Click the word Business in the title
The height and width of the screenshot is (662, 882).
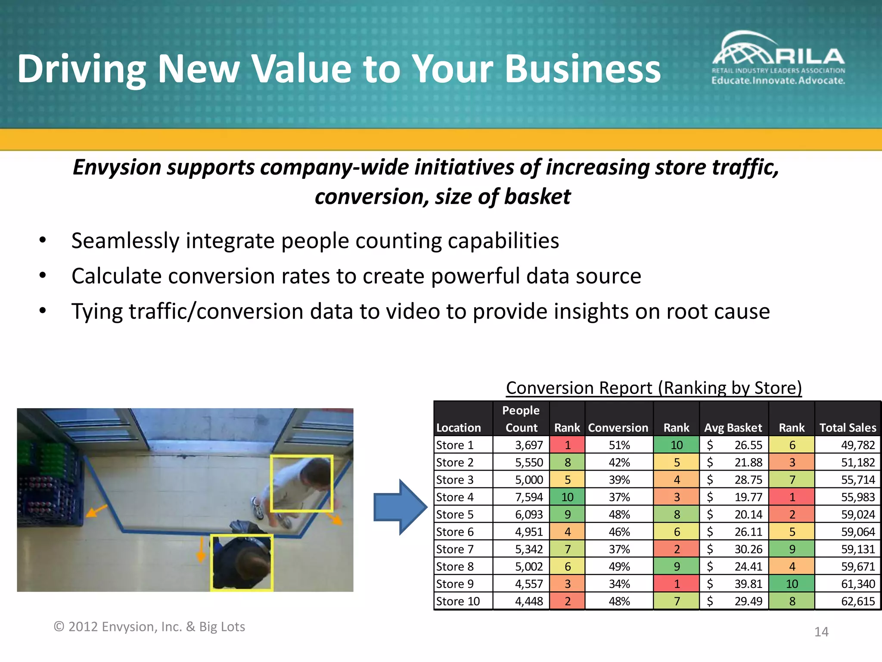(x=582, y=69)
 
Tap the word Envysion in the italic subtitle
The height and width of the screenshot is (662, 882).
(x=117, y=167)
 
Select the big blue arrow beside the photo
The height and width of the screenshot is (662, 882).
(x=400, y=507)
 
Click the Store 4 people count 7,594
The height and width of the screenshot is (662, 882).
(x=529, y=497)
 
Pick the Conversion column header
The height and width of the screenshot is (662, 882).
(x=618, y=428)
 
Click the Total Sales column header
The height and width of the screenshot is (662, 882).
(x=848, y=428)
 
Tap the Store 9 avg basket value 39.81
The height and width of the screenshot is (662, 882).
(x=748, y=584)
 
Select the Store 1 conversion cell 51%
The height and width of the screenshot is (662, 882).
(x=619, y=445)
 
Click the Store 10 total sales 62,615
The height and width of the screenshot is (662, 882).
(x=858, y=601)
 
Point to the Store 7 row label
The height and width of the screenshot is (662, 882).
(x=455, y=549)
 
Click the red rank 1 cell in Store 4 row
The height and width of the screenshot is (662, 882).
(x=792, y=497)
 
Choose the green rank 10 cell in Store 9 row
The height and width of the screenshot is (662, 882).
(x=792, y=584)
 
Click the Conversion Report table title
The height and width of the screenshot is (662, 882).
(x=654, y=388)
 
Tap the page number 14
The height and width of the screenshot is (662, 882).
(x=821, y=632)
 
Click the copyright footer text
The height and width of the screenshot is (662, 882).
(x=149, y=627)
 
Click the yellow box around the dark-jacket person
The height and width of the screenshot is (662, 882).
(x=242, y=562)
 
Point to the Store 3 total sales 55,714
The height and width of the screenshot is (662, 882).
(x=858, y=480)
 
